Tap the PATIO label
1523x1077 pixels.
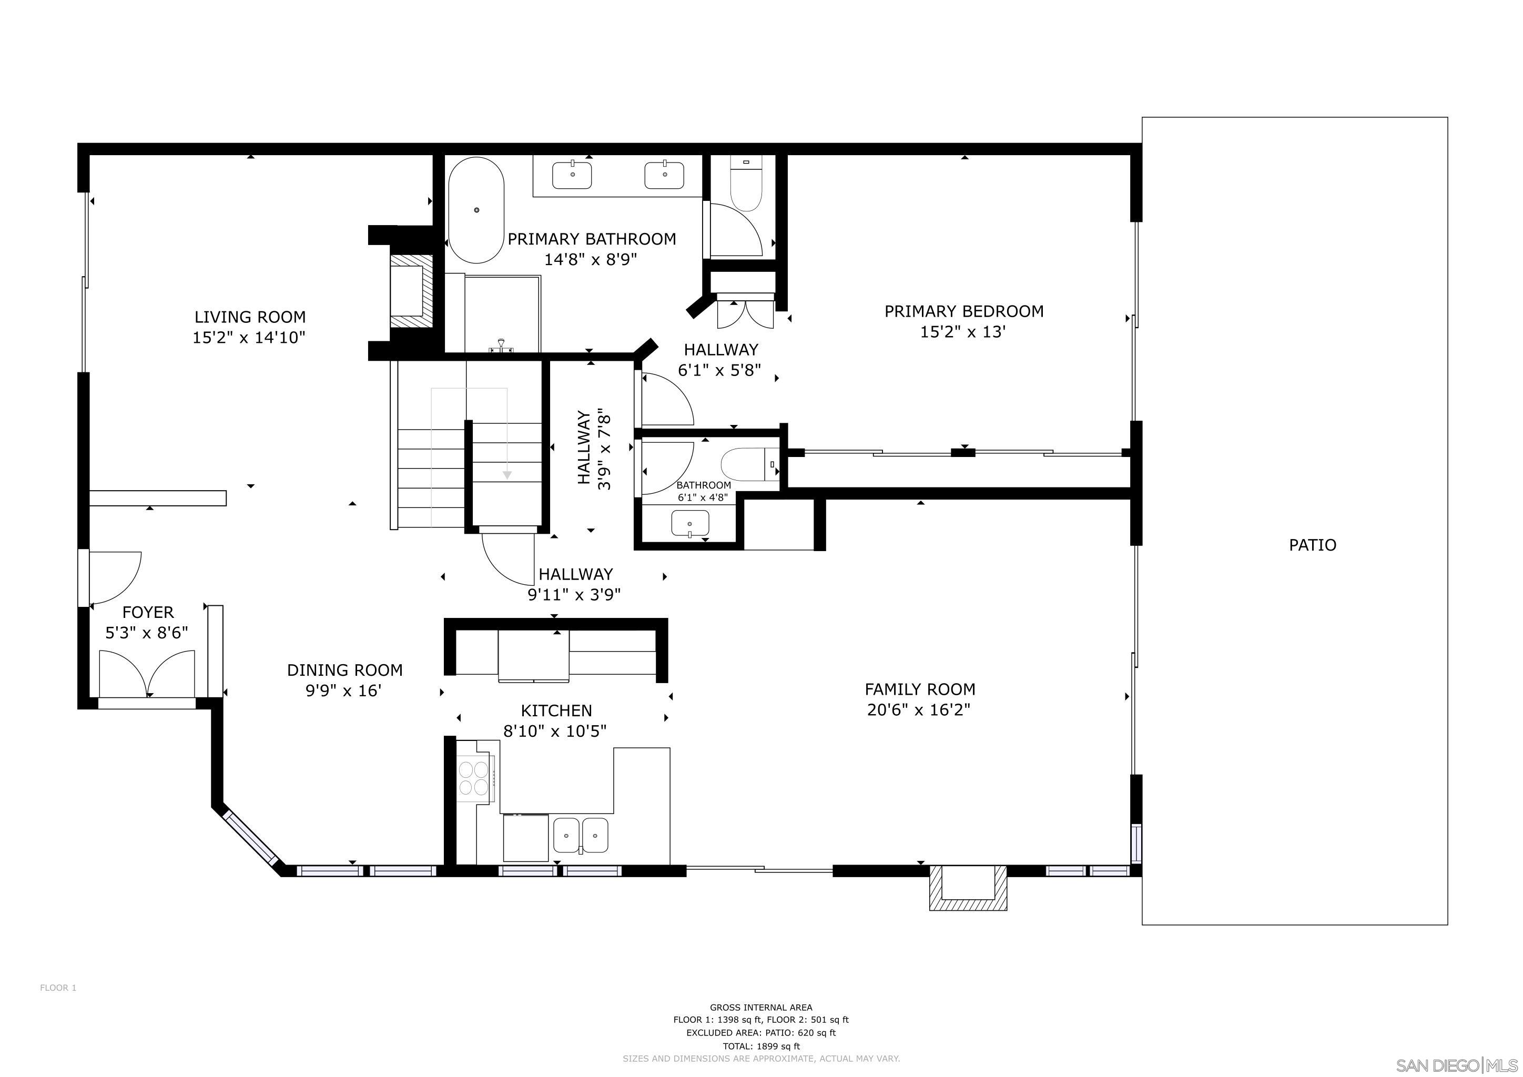pos(1312,545)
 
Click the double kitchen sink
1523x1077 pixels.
pos(581,835)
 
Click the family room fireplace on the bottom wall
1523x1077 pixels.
pos(968,886)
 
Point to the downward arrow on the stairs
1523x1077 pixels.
pos(507,475)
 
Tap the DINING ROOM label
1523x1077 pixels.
pos(344,670)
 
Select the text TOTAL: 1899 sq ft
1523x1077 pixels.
pos(761,1046)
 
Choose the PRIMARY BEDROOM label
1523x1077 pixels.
pos(963,311)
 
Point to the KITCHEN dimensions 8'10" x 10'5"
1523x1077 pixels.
pos(555,731)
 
